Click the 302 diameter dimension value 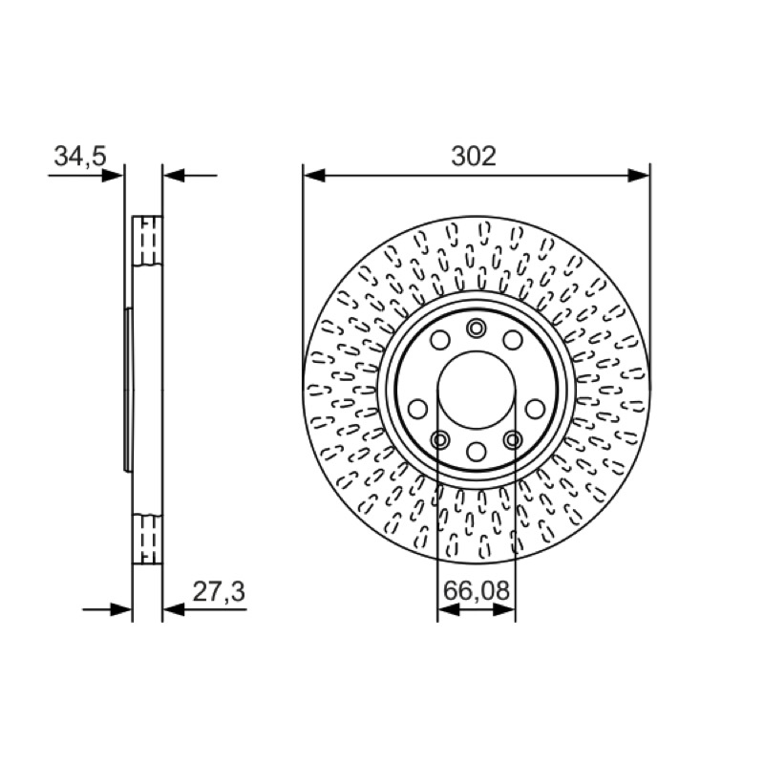[x=473, y=156]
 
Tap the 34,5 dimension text [x=80, y=156]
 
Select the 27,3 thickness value [x=219, y=592]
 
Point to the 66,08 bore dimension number [x=476, y=590]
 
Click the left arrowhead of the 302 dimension [x=314, y=176]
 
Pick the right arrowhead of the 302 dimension [x=639, y=176]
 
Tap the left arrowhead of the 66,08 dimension [x=448, y=609]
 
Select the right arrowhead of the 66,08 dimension [x=504, y=609]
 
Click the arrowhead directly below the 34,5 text [x=113, y=176]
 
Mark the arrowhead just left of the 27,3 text [x=174, y=609]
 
